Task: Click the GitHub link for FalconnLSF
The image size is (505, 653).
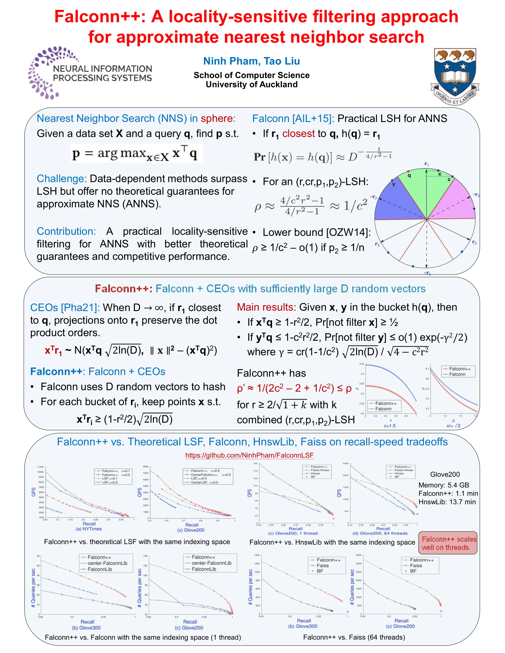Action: click(249, 455)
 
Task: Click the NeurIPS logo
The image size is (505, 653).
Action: click(90, 73)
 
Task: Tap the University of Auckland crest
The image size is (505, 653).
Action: click(455, 76)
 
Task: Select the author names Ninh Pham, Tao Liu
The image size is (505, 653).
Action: click(251, 61)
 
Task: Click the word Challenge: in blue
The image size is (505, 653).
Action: click(61, 178)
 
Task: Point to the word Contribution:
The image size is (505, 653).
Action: click(66, 231)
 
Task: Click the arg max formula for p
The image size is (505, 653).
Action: click(136, 153)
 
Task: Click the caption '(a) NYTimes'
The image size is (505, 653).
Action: click(89, 529)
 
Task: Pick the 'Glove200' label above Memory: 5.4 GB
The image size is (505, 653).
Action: click(445, 474)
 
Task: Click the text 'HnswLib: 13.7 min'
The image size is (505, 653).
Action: click(447, 502)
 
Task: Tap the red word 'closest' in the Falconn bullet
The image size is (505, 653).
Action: click(298, 134)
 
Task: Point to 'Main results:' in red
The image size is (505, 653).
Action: click(266, 307)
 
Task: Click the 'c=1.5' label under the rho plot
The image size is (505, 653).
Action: click(390, 426)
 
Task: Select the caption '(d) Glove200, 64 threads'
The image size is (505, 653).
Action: click(380, 533)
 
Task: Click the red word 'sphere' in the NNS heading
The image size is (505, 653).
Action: click(217, 118)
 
